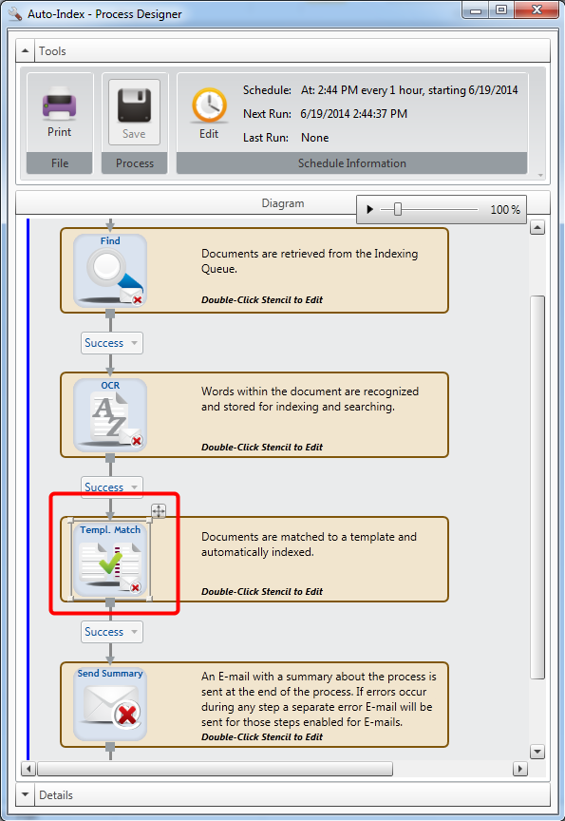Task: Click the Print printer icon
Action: pyautogui.click(x=59, y=104)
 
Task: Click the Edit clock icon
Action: pyautogui.click(x=209, y=105)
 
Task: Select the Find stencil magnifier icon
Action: pyautogui.click(x=110, y=271)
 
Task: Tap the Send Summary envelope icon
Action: pyautogui.click(x=110, y=704)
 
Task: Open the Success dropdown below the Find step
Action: pyautogui.click(x=111, y=343)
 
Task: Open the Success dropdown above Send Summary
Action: pyautogui.click(x=111, y=632)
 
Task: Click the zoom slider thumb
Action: pyautogui.click(x=398, y=209)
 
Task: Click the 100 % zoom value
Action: pyautogui.click(x=505, y=209)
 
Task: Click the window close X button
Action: pyautogui.click(x=537, y=10)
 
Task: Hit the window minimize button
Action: pyautogui.click(x=476, y=10)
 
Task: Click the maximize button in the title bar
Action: pyautogui.click(x=501, y=10)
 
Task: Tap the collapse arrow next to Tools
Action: pyautogui.click(x=25, y=50)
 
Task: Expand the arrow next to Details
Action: pyautogui.click(x=25, y=794)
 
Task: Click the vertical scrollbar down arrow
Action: pyautogui.click(x=537, y=752)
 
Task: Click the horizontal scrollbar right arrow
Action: pyautogui.click(x=519, y=769)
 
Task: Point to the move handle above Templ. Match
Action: pyautogui.click(x=159, y=510)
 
